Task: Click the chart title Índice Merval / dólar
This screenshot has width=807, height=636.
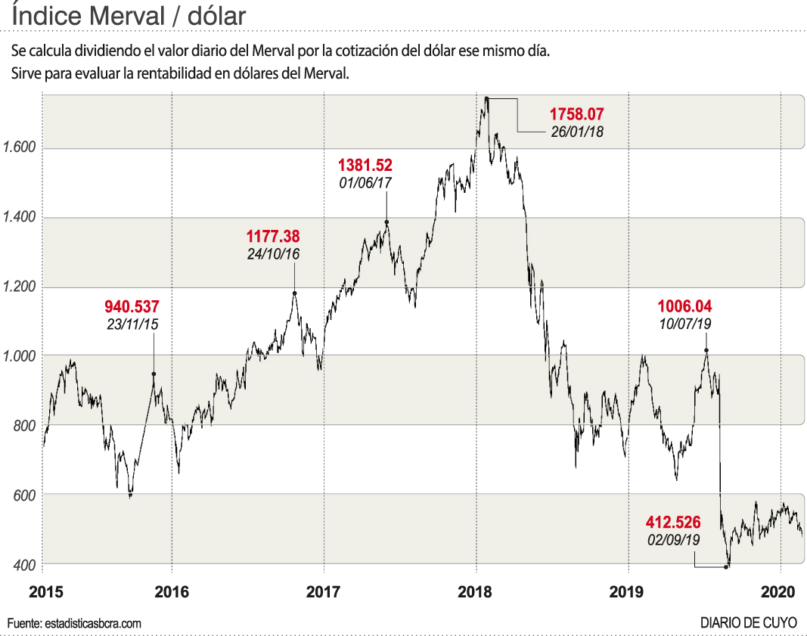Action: coord(129,15)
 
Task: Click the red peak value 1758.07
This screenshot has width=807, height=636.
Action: coord(577,115)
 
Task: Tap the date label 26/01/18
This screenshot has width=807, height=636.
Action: coord(577,131)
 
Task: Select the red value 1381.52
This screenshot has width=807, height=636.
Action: coord(365,165)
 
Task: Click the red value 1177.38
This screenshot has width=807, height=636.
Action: coord(273,237)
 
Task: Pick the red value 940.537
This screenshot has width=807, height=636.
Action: coord(132,307)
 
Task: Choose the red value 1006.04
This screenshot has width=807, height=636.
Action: coord(684,307)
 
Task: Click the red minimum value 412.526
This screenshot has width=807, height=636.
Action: coord(673,523)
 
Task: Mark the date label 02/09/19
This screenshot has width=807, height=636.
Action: coord(673,540)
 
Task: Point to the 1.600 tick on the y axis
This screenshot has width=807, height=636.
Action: coord(20,148)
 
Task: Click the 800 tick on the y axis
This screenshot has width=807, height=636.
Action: coord(25,426)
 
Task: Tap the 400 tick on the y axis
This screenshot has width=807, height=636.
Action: coord(25,564)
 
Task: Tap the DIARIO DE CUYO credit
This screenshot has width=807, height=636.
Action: coord(748,623)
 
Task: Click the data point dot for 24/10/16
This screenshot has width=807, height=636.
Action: coord(294,293)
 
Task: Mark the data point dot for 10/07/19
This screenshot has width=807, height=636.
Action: coord(706,350)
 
